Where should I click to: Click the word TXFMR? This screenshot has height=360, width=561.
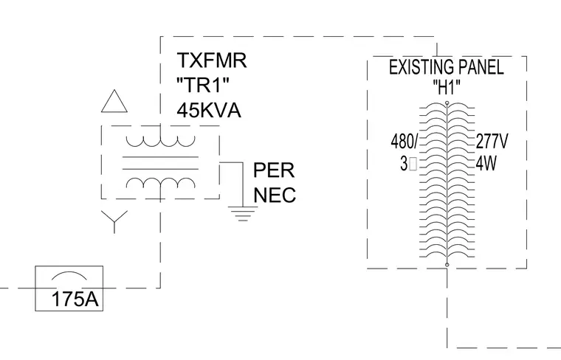tap(211, 60)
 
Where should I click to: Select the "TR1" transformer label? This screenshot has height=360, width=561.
tap(203, 85)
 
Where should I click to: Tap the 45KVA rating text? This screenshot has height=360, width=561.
tap(209, 110)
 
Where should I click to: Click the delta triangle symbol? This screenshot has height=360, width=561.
tap(114, 101)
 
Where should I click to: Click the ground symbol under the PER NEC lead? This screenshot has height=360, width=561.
tap(243, 213)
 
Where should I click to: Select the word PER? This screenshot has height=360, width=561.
tap(274, 170)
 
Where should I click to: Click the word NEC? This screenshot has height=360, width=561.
tap(275, 195)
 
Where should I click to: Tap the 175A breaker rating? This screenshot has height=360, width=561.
tap(75, 299)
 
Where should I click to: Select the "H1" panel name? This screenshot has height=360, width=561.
tap(447, 87)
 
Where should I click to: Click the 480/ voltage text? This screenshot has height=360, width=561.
tap(405, 141)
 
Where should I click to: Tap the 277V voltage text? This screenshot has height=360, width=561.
tap(492, 141)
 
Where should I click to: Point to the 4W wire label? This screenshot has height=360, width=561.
tap(486, 164)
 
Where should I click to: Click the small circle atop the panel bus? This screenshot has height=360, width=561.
tap(447, 103)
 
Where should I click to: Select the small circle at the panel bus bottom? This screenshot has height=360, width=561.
tap(447, 265)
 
